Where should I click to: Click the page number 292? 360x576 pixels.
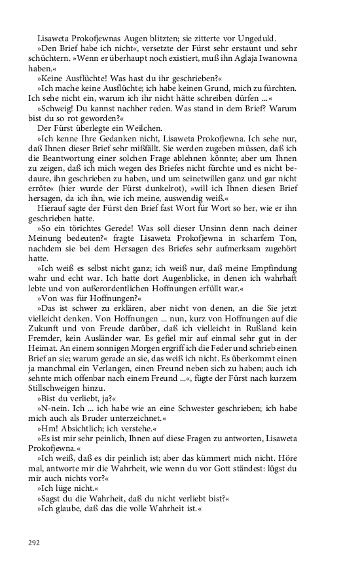(34, 543)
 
